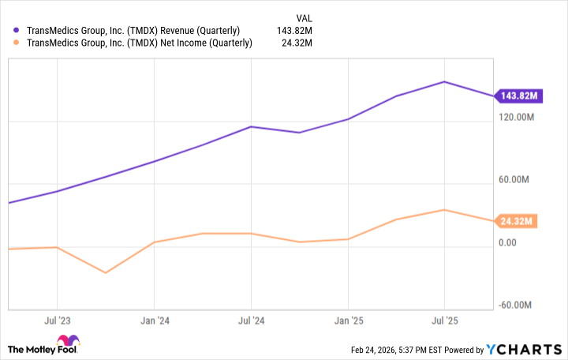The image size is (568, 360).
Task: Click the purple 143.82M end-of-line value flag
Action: (518, 96)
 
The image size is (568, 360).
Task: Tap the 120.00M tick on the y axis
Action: (516, 117)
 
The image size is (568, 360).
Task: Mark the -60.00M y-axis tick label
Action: (517, 306)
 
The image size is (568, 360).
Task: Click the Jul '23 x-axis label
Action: (57, 321)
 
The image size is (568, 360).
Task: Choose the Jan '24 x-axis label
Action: (154, 321)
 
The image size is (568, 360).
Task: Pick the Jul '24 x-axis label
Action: (251, 321)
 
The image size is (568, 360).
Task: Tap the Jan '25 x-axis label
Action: (348, 321)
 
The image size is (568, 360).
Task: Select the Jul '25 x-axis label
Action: (445, 321)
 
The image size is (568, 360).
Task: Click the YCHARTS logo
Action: (521, 350)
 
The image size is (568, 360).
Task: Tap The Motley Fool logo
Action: (43, 348)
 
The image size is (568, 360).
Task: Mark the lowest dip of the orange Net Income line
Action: (105, 273)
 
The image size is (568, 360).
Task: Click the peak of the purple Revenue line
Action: (445, 81)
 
